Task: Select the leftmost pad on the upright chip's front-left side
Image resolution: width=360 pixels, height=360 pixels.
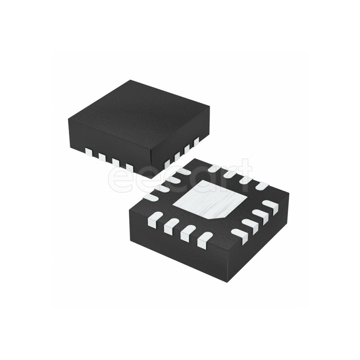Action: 88,152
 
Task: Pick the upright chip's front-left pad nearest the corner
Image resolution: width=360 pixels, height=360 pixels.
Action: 129,167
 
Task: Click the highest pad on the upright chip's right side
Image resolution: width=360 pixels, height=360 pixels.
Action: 196,141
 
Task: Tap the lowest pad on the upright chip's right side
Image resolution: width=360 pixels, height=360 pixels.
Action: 167,163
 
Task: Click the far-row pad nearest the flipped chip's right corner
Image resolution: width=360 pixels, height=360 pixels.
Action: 262,186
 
